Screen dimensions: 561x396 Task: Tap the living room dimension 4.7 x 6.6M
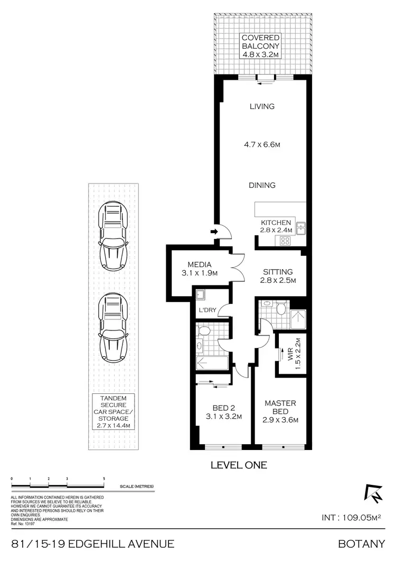click(x=262, y=144)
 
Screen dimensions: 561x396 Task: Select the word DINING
click(x=262, y=185)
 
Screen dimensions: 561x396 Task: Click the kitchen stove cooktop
click(x=285, y=241)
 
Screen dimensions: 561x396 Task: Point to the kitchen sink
click(x=301, y=228)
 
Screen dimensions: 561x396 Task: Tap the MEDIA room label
click(x=199, y=264)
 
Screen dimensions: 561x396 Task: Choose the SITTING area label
click(x=278, y=272)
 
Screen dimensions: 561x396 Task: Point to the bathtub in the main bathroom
click(x=211, y=363)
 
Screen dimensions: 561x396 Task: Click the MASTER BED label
click(x=280, y=407)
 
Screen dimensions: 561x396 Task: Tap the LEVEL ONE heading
click(x=239, y=465)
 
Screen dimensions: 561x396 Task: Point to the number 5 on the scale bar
click(x=104, y=478)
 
